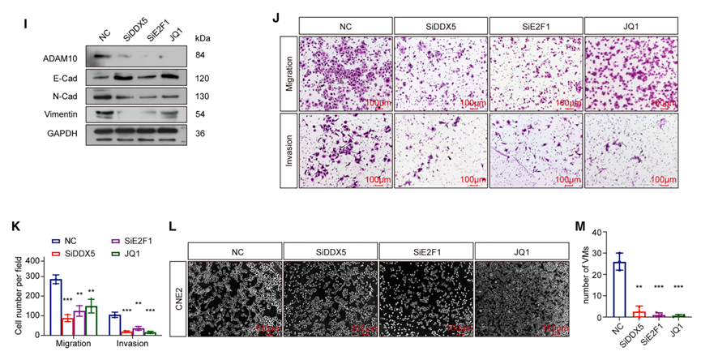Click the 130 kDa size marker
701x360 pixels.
202,96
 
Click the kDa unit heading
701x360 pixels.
204,37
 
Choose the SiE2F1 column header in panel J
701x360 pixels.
535,25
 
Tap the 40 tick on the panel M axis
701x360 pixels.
577,233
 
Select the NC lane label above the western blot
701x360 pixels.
103,34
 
